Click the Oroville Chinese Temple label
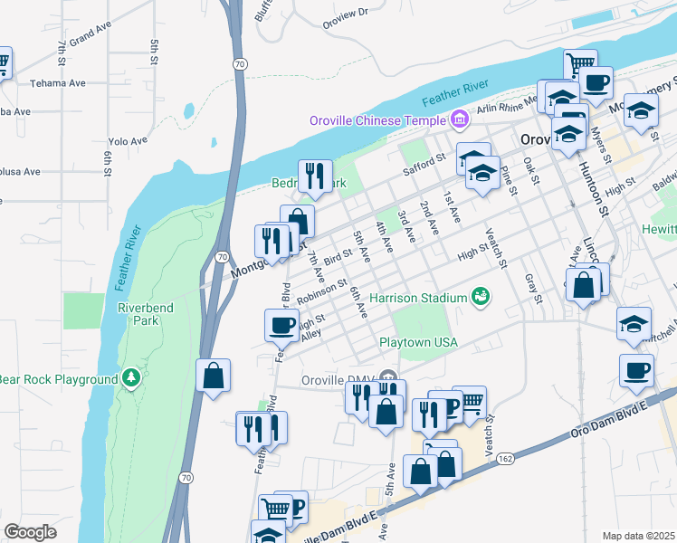tap(377, 120)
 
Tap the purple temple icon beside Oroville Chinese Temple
tap(459, 119)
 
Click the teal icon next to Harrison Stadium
tap(480, 296)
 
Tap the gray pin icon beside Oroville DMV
tap(388, 378)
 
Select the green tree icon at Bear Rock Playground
tap(132, 376)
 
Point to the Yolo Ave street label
tap(128, 141)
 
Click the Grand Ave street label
tap(89, 38)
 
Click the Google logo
tap(30, 532)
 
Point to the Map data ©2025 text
tap(638, 536)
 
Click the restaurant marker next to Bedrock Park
tap(315, 176)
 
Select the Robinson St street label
tap(321, 290)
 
